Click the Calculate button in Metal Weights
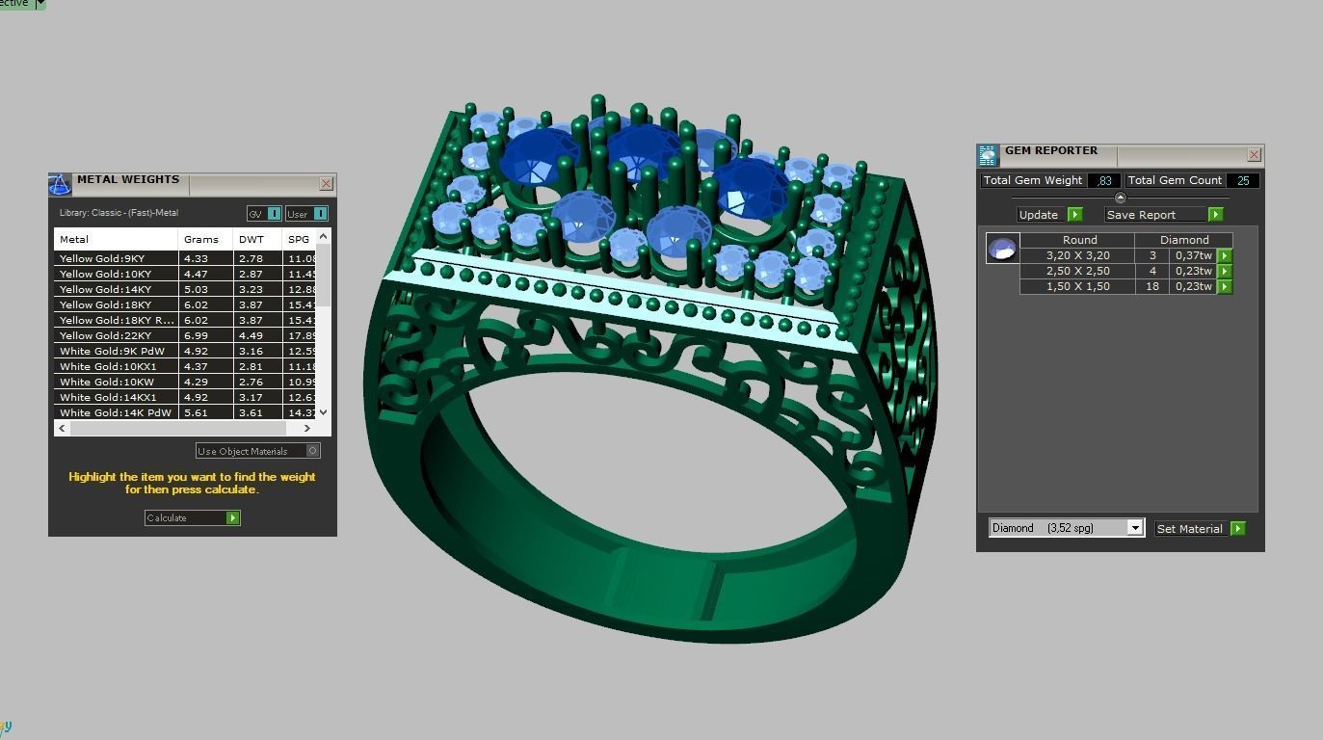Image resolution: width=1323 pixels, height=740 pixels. [x=192, y=518]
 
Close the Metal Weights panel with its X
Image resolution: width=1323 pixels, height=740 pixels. [x=326, y=183]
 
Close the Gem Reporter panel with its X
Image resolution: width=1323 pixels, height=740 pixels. [x=1254, y=154]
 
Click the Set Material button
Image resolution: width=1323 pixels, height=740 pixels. [x=1200, y=529]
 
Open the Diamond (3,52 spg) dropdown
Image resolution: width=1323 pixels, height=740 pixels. [x=1135, y=528]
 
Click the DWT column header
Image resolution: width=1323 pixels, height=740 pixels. [x=250, y=239]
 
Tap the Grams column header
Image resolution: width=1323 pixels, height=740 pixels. [x=201, y=239]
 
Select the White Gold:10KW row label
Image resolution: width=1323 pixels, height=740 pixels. [x=106, y=382]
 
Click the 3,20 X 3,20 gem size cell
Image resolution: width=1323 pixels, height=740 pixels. [x=1077, y=255]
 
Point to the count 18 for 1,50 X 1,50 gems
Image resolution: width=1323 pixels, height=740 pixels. [x=1152, y=286]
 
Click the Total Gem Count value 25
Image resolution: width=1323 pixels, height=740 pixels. [x=1243, y=180]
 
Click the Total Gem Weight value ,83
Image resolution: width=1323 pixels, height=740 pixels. [x=1104, y=180]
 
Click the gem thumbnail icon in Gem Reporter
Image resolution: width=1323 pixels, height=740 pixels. [x=1002, y=249]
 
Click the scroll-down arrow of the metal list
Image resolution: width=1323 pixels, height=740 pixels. [x=323, y=411]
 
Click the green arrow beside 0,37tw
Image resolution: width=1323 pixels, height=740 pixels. [x=1225, y=255]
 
